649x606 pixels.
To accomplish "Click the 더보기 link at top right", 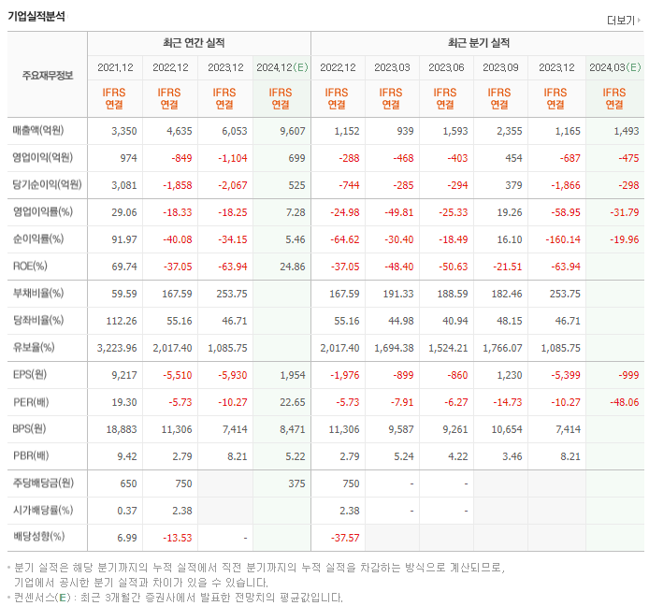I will (622, 21).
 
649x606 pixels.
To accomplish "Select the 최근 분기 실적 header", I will (479, 43).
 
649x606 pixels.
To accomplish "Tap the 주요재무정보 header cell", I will (47, 76).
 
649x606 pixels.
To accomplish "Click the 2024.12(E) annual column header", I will (281, 67).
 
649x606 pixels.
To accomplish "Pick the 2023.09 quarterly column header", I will (501, 67).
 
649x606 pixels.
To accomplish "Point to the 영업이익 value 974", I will (128, 158).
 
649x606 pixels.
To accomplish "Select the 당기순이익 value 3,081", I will (123, 185).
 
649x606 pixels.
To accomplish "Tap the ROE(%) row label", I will (30, 267).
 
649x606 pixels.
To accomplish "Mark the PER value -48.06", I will (622, 402).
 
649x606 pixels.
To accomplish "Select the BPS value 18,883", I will (122, 429).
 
